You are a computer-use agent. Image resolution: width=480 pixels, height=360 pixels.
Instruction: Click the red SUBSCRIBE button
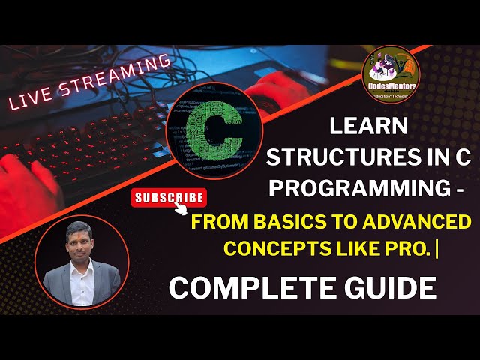point(169,198)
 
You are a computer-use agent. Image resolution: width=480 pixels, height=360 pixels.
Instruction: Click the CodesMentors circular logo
point(390,75)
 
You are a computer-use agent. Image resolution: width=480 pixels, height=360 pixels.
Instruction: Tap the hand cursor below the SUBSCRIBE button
point(181,211)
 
